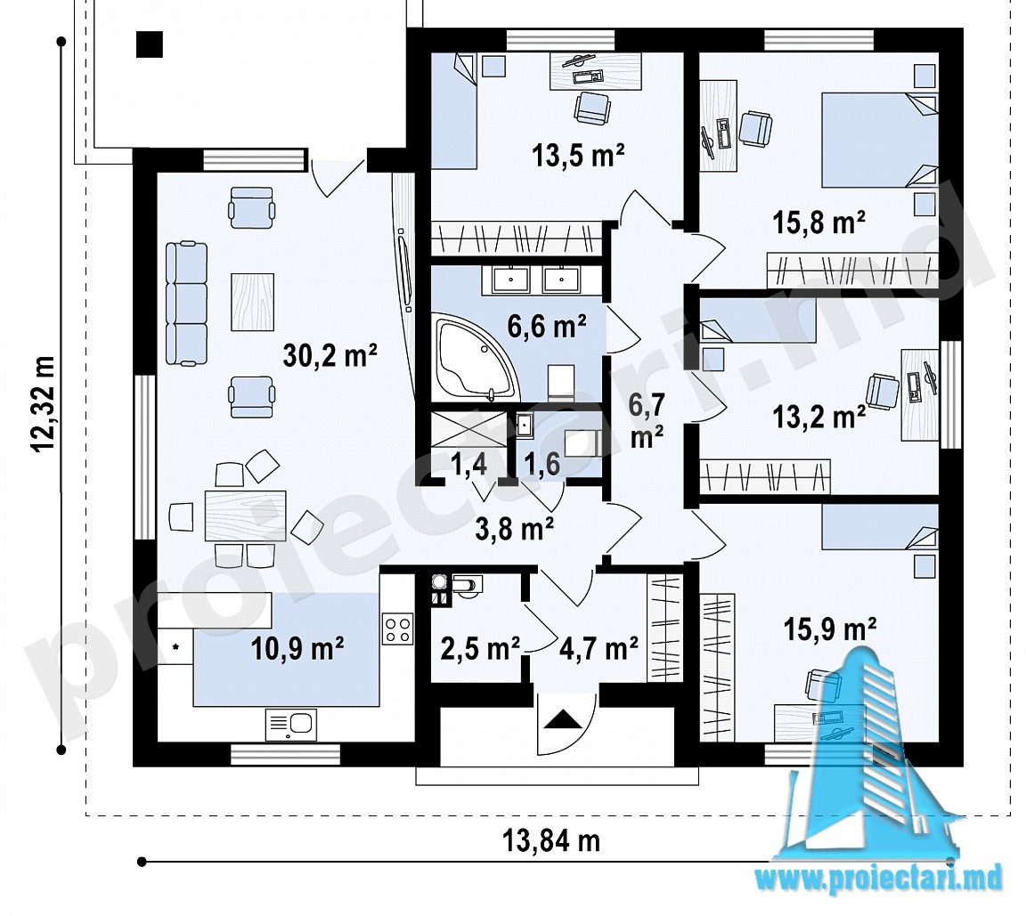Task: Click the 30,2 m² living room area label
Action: coord(330,356)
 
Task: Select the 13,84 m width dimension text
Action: coord(551,840)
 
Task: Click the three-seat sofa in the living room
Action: coord(186,304)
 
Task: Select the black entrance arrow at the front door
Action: coord(563,719)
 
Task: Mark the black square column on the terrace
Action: coord(150,45)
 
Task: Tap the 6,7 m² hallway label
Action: coord(647,421)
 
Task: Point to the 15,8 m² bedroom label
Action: coord(819,223)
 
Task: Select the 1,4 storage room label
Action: coord(468,464)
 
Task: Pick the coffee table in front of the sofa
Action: coord(252,302)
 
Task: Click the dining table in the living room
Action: coord(246,516)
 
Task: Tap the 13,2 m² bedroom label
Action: coord(819,417)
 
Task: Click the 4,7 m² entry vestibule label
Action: coord(598,648)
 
